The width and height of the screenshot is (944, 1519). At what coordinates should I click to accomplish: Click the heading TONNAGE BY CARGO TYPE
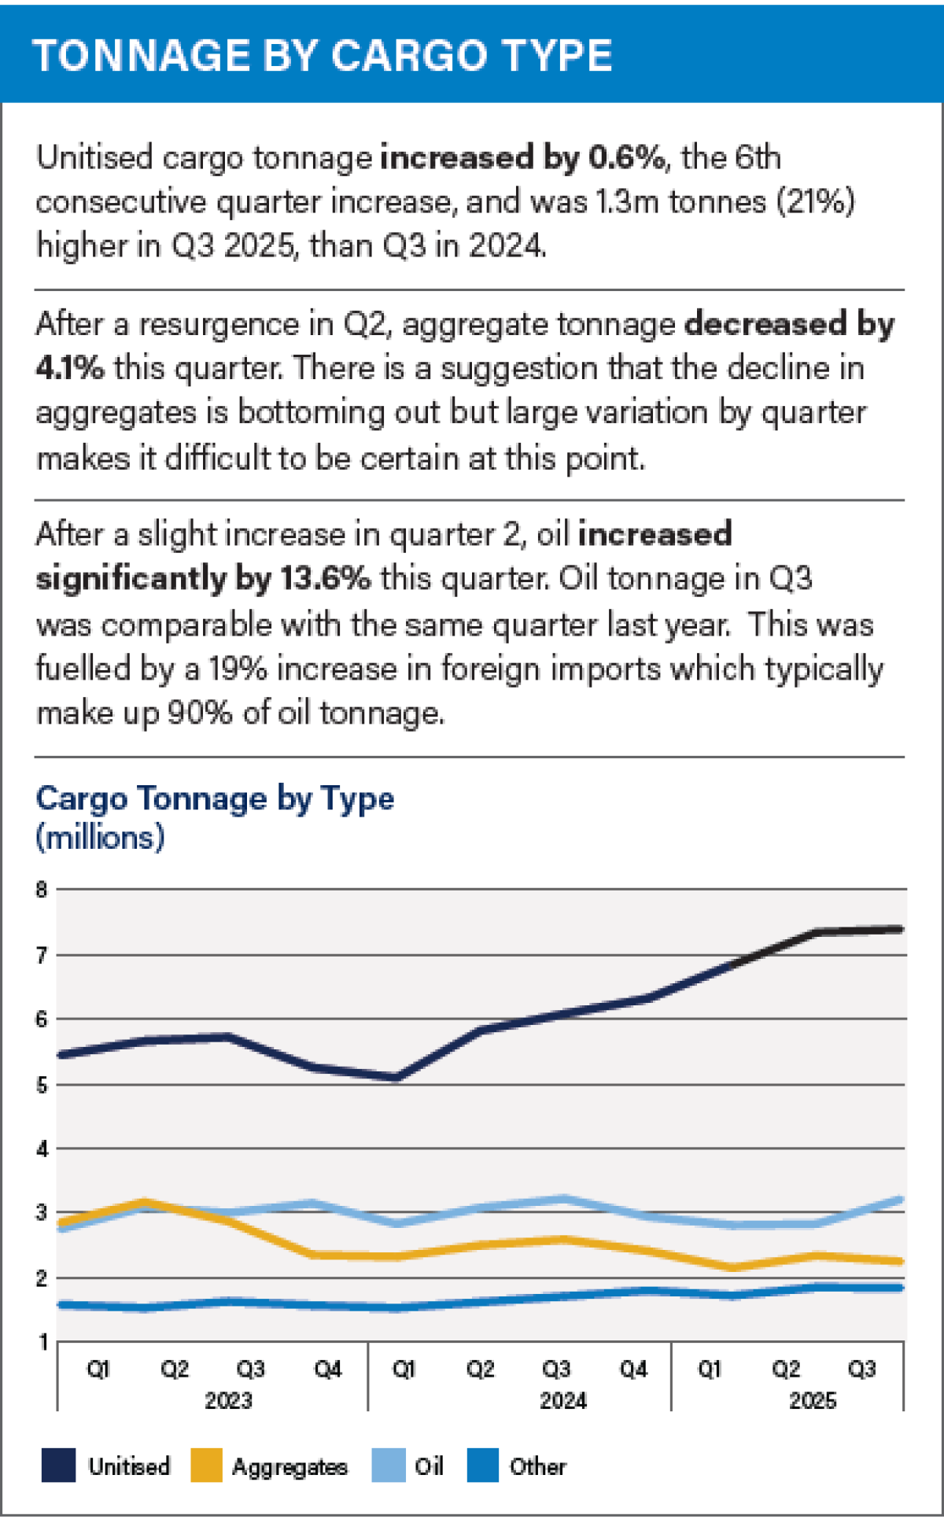point(323,55)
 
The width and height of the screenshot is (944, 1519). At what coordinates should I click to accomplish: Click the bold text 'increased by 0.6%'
point(522,157)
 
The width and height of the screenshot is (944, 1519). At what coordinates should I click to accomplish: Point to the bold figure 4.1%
point(69,368)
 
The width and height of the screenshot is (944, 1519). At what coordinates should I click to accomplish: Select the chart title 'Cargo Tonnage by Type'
point(215,798)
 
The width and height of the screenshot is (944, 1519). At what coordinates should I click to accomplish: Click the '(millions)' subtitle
point(100,838)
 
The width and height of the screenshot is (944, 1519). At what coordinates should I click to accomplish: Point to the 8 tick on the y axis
point(42,890)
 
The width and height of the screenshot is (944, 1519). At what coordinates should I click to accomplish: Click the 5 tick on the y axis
point(42,1085)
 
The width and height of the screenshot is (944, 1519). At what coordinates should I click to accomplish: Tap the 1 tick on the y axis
point(43,1342)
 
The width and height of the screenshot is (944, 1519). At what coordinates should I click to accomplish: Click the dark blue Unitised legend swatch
point(58,1466)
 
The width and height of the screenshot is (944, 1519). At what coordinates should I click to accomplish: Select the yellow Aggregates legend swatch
point(206,1466)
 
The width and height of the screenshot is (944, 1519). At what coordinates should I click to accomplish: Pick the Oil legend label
point(430,1466)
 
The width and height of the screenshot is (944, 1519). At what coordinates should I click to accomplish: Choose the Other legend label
point(537,1466)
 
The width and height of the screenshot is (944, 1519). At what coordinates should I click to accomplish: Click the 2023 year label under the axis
point(228,1401)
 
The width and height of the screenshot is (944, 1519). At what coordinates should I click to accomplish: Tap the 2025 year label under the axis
point(813,1401)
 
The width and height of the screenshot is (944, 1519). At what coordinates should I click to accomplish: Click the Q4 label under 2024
point(633,1370)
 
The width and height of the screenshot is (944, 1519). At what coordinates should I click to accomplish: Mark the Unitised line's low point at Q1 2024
point(396,1078)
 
